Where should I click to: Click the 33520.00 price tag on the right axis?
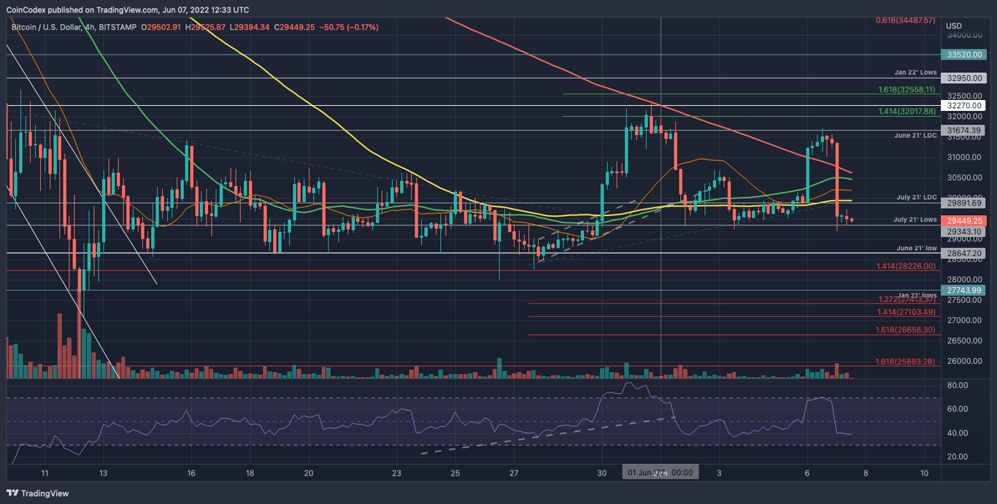click(963, 55)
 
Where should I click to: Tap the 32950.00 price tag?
click(963, 78)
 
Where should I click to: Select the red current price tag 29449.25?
click(963, 220)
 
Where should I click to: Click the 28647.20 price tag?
click(963, 253)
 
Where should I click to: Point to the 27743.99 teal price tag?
click(963, 290)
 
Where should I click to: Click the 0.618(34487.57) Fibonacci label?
click(905, 20)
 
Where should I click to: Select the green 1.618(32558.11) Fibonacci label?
click(906, 90)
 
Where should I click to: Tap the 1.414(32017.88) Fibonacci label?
click(906, 112)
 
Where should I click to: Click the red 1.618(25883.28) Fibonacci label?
click(905, 362)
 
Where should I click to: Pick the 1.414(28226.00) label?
click(906, 266)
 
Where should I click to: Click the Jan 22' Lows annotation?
click(915, 73)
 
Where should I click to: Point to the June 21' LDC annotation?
click(915, 136)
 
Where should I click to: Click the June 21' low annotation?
click(915, 248)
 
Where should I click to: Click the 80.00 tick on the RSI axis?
click(958, 385)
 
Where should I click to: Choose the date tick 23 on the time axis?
click(396, 473)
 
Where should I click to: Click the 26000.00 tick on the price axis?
click(964, 361)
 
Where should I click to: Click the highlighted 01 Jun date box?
click(660, 473)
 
